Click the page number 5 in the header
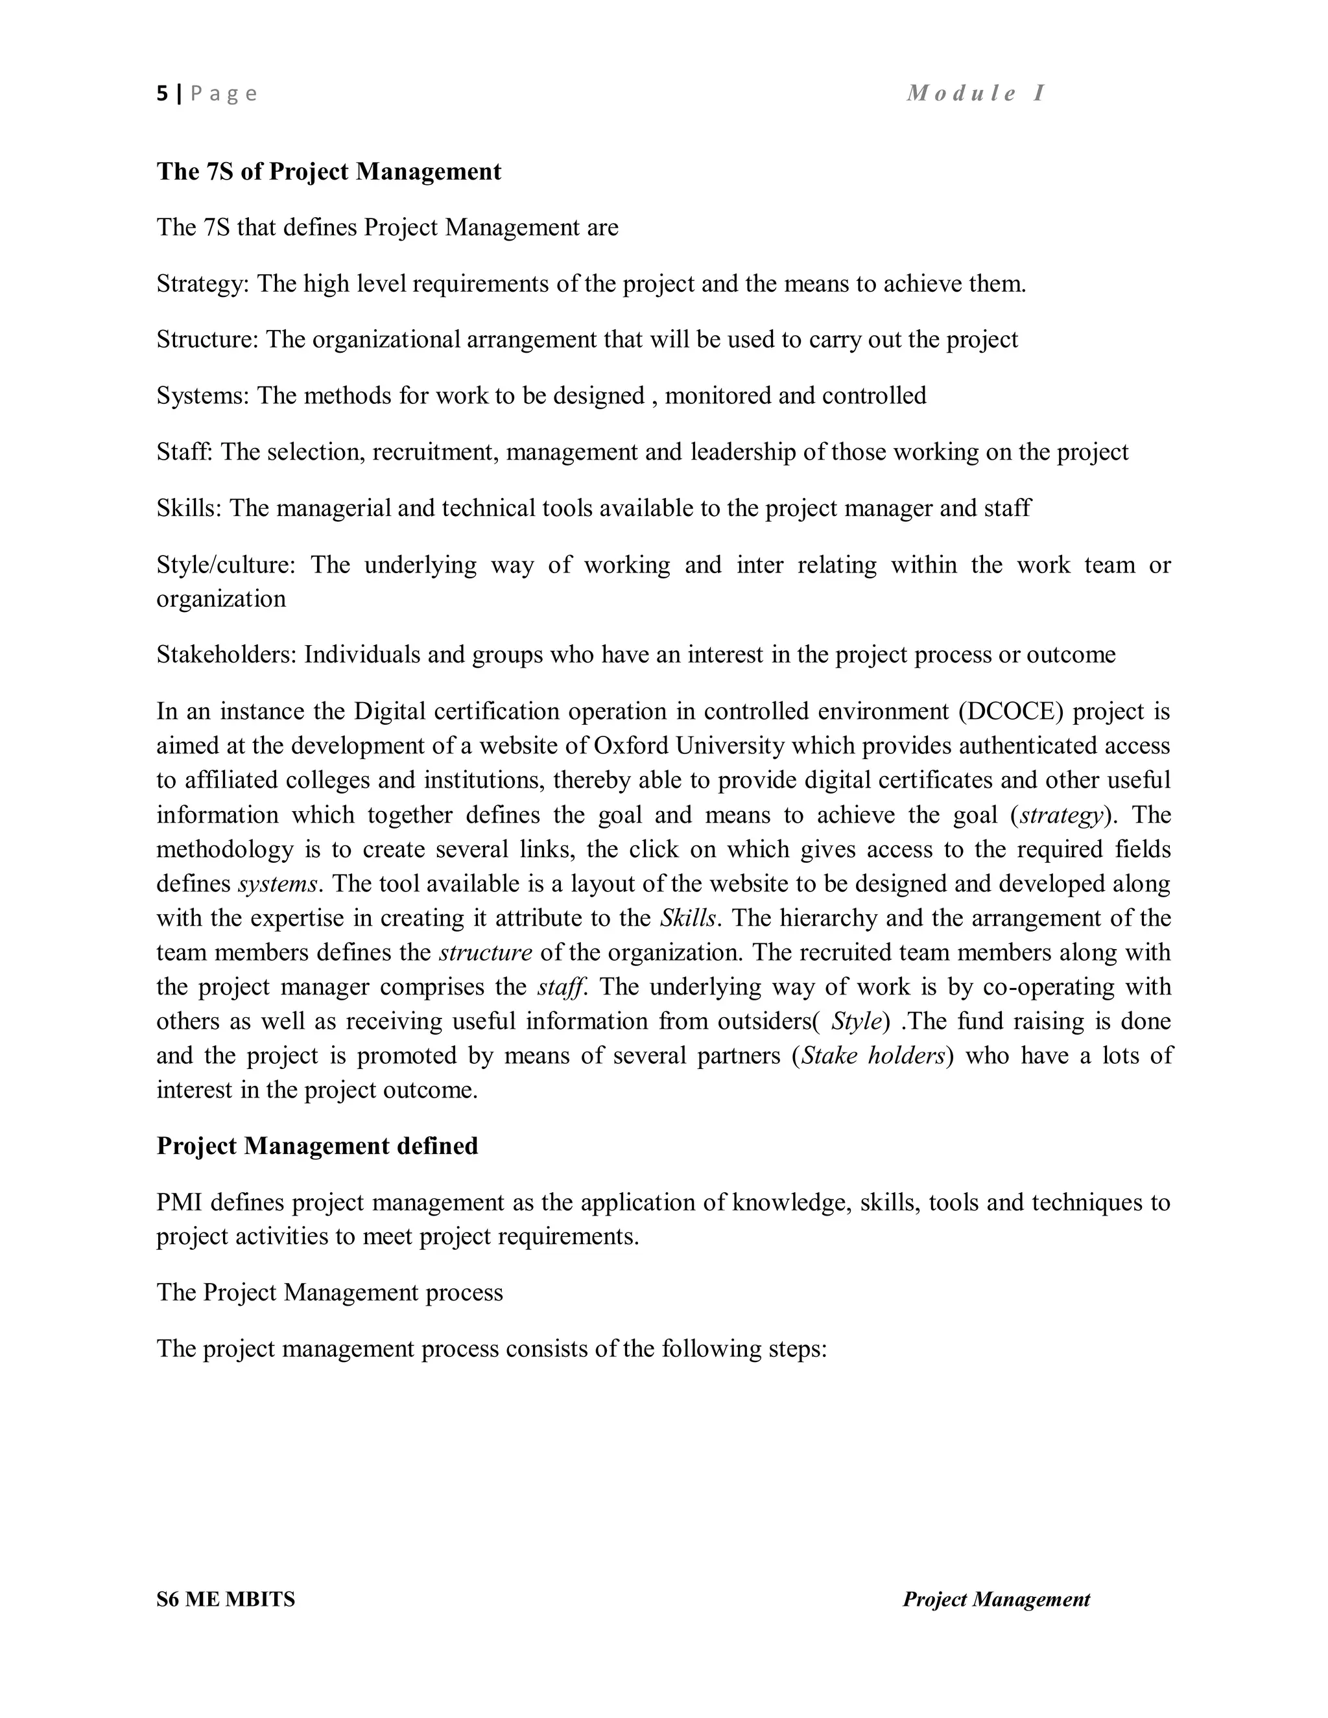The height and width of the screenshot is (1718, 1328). tap(162, 93)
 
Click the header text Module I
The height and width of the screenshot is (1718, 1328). tap(975, 93)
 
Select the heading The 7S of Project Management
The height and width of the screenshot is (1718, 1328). tap(328, 172)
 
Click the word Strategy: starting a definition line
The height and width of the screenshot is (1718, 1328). tap(202, 283)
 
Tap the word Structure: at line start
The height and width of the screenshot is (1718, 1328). tap(207, 339)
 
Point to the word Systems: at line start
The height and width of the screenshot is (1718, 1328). tap(202, 395)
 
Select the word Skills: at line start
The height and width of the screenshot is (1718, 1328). tap(189, 508)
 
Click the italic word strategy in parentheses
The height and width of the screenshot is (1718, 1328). tap(1062, 815)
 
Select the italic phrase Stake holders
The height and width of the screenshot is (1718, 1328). tap(873, 1055)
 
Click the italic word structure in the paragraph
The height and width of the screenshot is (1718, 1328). tap(486, 952)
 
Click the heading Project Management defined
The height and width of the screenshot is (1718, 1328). tap(317, 1146)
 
